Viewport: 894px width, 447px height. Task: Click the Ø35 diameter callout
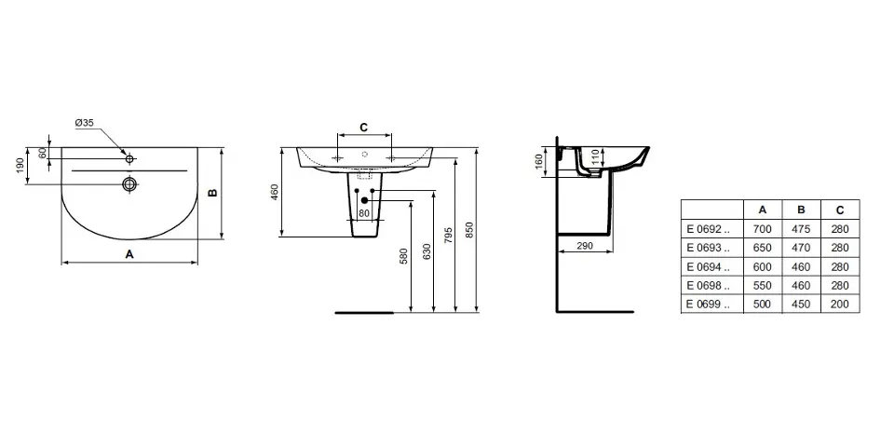(x=85, y=123)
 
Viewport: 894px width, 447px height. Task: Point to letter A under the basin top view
(x=129, y=254)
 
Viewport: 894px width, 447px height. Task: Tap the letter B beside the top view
(x=212, y=193)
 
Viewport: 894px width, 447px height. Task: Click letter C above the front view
(x=364, y=128)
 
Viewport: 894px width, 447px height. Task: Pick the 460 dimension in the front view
(x=274, y=192)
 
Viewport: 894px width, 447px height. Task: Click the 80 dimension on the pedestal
(x=364, y=213)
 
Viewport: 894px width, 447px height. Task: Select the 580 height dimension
(x=403, y=256)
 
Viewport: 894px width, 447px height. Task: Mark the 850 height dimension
(x=468, y=230)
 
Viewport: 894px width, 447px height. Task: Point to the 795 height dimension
(x=448, y=236)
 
